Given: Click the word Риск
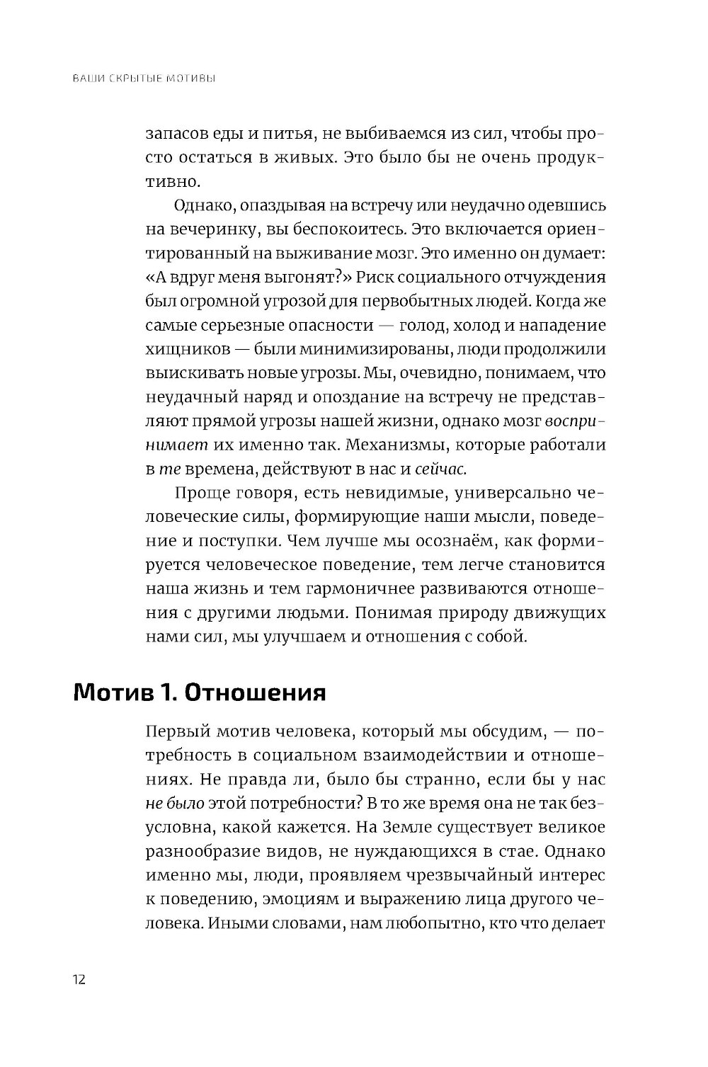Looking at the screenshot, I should click(382, 278).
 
